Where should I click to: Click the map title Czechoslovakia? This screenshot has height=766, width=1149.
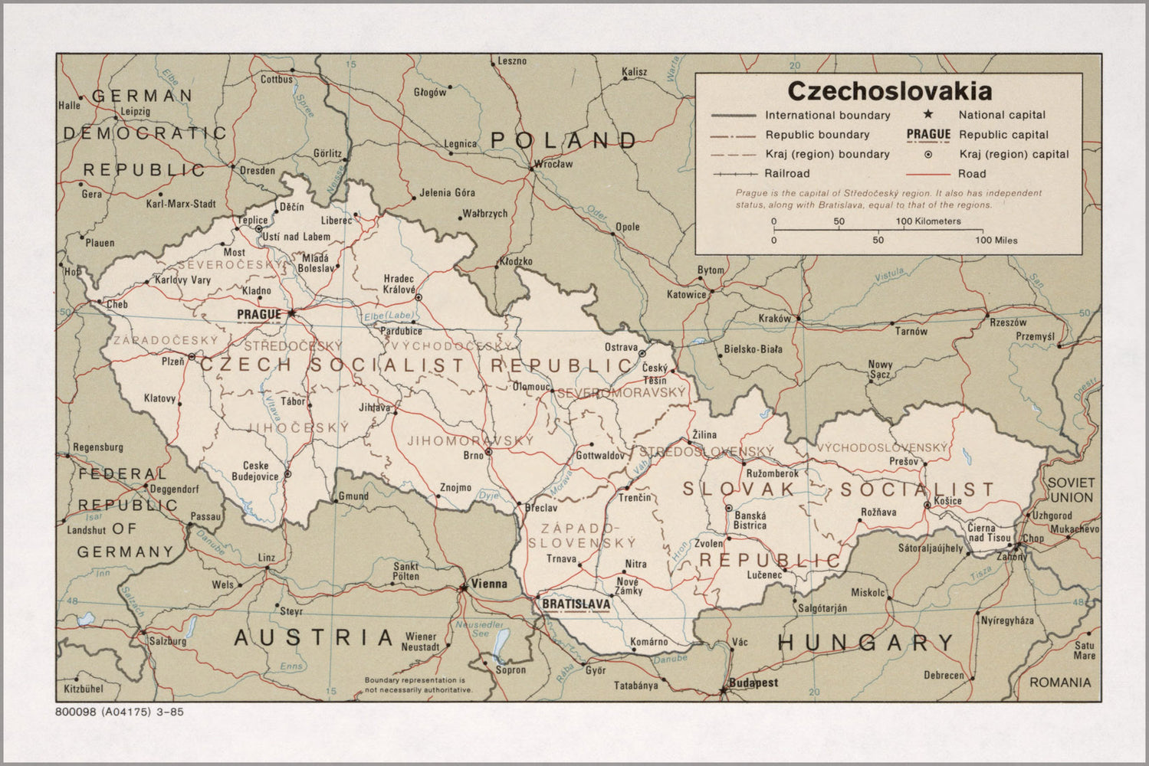[x=889, y=91]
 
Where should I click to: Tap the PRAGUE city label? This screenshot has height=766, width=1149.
[x=258, y=314]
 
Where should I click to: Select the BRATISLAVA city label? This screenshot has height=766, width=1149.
[x=576, y=604]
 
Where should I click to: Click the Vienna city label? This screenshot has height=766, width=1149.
[x=489, y=584]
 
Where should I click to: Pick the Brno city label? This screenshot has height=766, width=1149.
[x=473, y=455]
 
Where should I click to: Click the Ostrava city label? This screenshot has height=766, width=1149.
[x=621, y=348]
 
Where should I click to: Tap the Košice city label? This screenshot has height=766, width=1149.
[x=947, y=500]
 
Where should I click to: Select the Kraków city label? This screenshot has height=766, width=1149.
[x=774, y=319]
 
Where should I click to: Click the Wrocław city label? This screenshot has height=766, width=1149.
[x=553, y=164]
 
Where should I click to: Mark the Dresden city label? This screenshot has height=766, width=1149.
[x=257, y=171]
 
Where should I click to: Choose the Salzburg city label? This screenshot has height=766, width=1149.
[x=167, y=640]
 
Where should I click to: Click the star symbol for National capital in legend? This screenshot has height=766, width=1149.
[x=928, y=115]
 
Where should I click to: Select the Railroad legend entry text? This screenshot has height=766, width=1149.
[x=786, y=174]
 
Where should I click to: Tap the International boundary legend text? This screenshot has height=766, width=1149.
[x=827, y=116]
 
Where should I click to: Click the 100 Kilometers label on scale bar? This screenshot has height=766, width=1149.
[x=928, y=221]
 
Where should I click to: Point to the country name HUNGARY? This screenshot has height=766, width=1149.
[x=865, y=643]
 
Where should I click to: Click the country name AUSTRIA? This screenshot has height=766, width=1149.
[x=314, y=637]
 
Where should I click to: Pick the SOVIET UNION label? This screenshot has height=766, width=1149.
[x=1071, y=490]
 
